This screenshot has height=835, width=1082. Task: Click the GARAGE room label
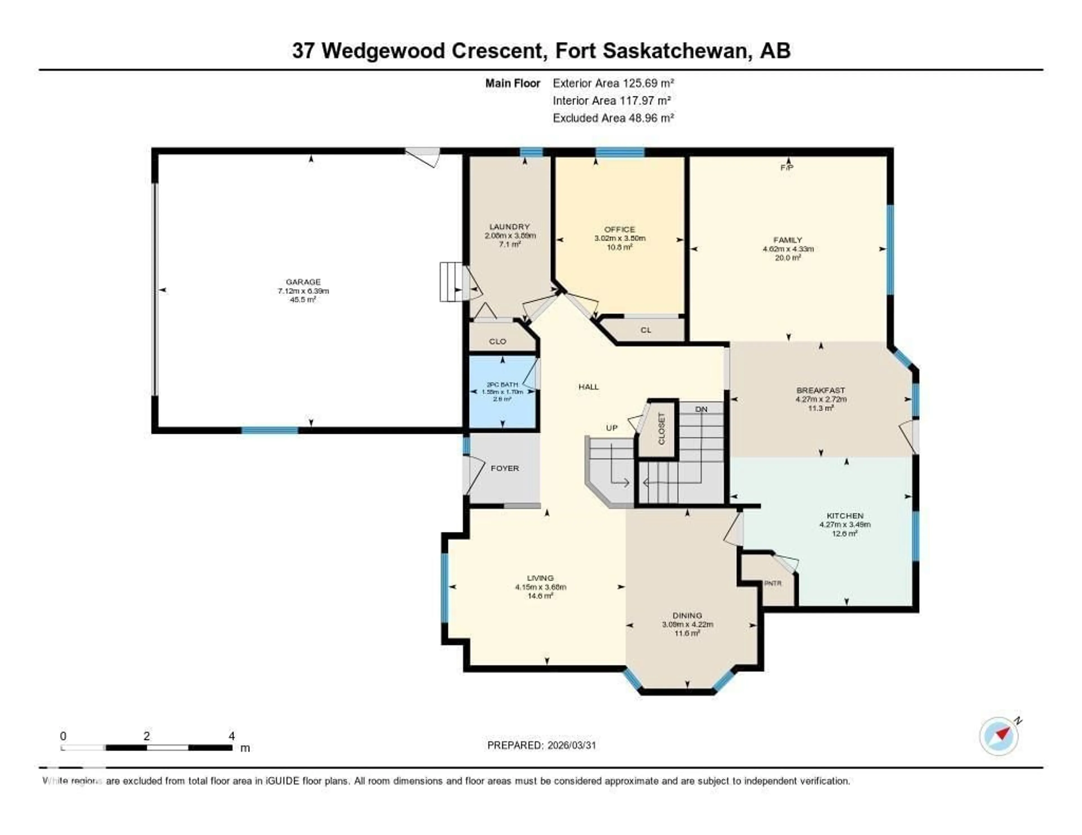[303, 282]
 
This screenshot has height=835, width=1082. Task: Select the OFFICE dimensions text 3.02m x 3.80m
[620, 238]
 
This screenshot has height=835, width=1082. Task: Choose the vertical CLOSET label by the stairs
[661, 429]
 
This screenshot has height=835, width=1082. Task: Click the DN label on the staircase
[701, 409]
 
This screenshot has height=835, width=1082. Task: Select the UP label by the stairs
[612, 428]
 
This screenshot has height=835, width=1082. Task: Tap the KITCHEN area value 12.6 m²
[845, 533]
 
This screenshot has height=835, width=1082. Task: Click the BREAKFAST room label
[821, 390]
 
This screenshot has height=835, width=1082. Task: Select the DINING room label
[687, 615]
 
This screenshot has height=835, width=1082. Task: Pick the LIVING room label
[540, 578]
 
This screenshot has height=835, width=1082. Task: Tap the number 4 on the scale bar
[231, 736]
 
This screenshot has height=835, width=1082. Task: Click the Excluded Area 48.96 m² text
[613, 118]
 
